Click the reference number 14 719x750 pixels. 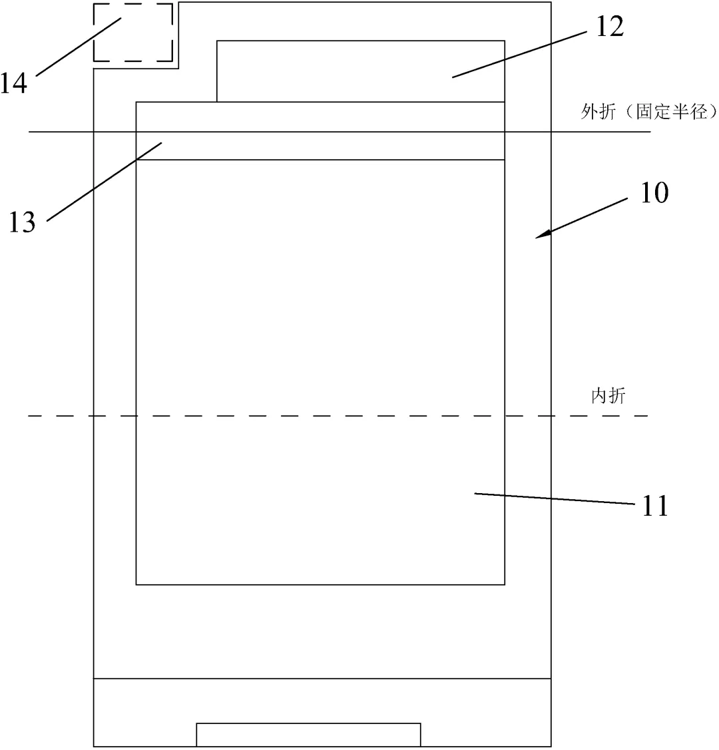click(x=14, y=83)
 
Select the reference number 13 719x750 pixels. click(x=22, y=222)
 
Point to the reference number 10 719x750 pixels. click(x=654, y=193)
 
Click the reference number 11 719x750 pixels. click(x=655, y=506)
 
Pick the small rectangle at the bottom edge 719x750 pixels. click(x=308, y=734)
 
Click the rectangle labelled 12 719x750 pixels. click(x=359, y=71)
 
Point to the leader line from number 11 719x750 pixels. click(x=553, y=499)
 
